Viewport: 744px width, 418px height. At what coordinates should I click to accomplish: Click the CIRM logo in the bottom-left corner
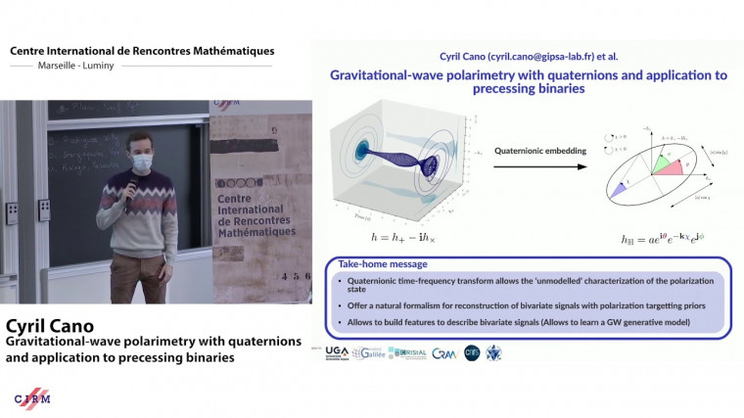[x=33, y=397]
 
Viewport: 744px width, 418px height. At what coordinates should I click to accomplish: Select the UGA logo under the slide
[x=336, y=351]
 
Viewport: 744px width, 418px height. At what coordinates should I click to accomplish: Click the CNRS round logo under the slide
[x=472, y=351]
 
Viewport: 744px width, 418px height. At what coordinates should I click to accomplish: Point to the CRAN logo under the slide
[x=443, y=352]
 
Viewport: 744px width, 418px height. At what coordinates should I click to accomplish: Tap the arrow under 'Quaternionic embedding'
[x=533, y=166]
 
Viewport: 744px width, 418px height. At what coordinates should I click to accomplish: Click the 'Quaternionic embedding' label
[x=533, y=152]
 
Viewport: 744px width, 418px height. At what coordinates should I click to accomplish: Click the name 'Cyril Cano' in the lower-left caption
[x=55, y=325]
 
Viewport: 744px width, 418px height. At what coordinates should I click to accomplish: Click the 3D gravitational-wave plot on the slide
[x=399, y=166]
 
